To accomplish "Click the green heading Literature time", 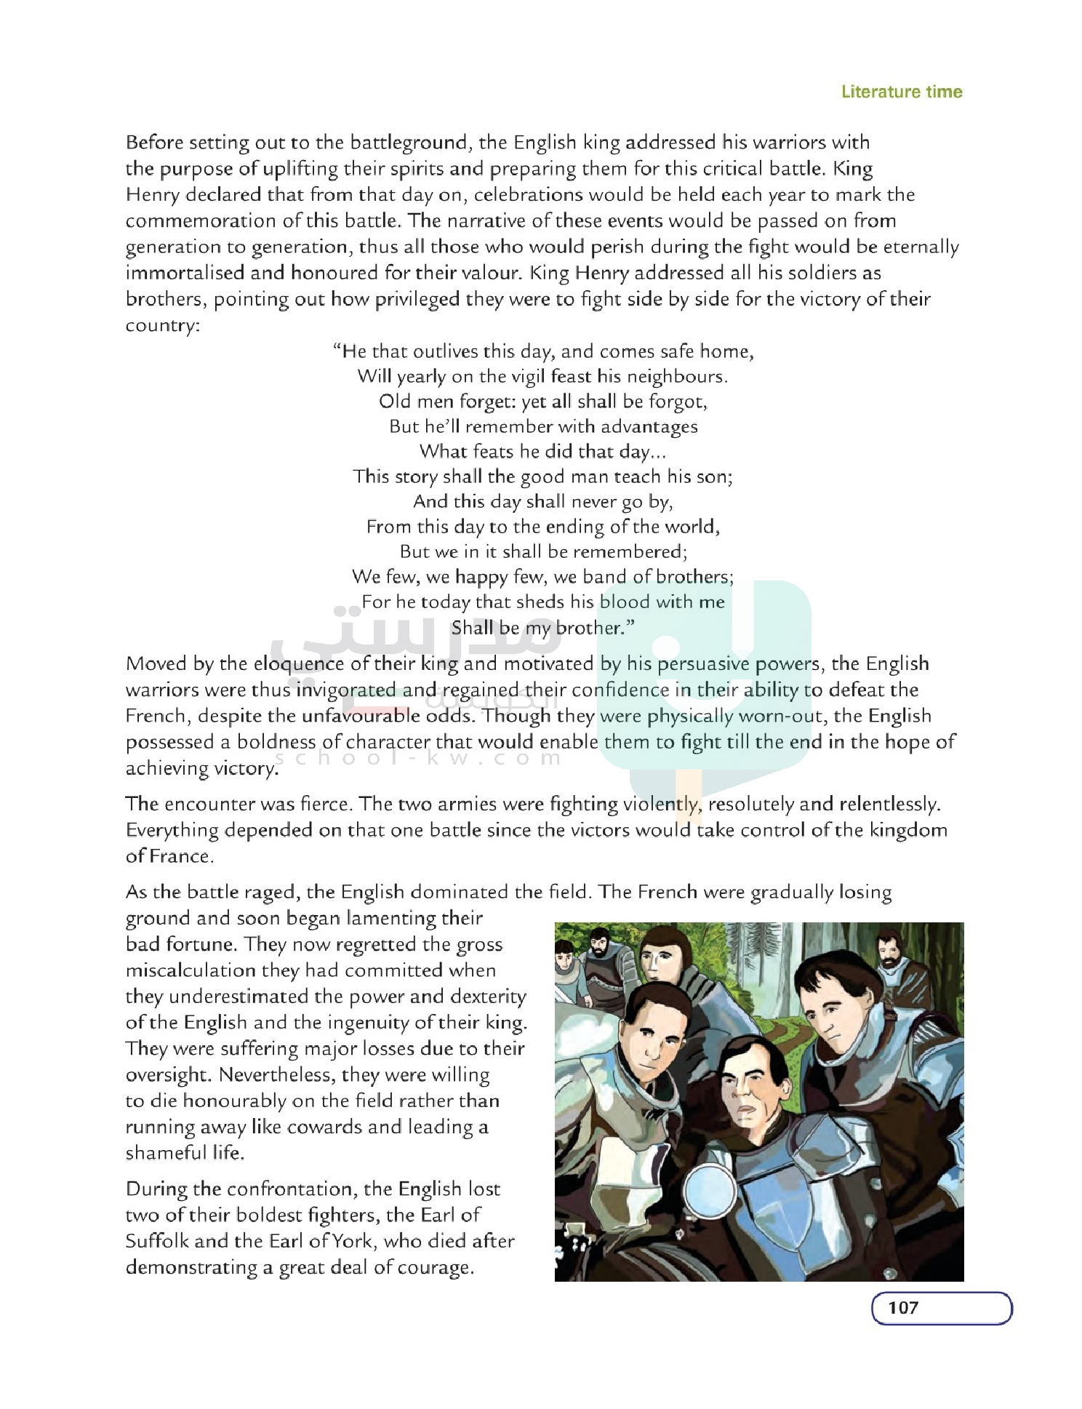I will click(901, 92).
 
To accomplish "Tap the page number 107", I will click(902, 1307).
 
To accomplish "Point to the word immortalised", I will click(185, 273).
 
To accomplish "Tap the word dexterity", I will click(488, 997).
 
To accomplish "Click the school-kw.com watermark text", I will click(418, 758).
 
